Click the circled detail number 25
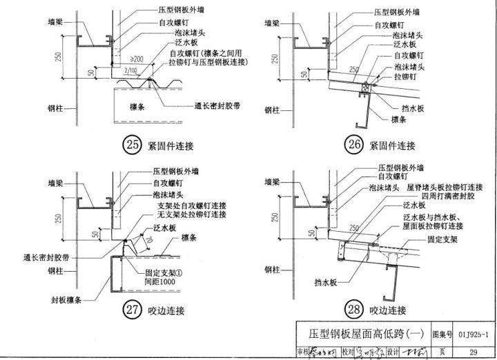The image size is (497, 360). (131, 145)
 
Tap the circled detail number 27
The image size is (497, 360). (132, 310)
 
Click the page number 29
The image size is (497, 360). (473, 352)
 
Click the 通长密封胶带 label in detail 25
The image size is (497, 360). (217, 106)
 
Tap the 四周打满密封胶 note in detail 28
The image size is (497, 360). (445, 196)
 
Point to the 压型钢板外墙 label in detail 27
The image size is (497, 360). (173, 169)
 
